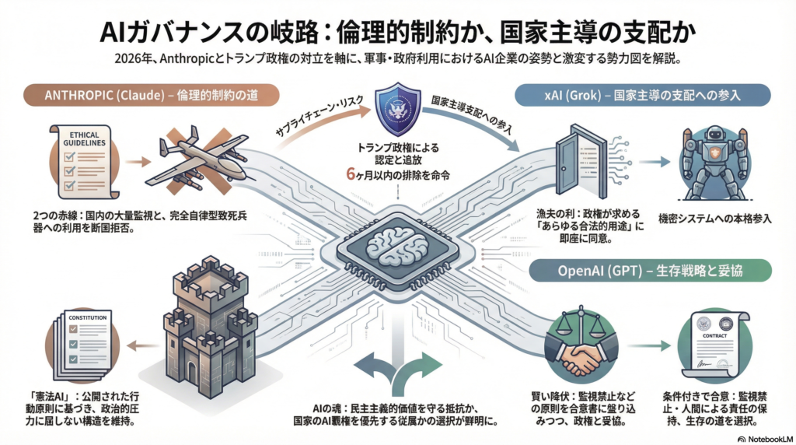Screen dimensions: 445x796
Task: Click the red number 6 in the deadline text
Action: (x=351, y=176)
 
